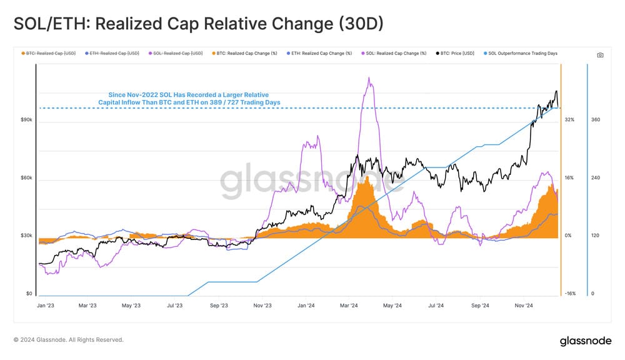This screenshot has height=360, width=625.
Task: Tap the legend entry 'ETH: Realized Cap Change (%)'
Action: pyautogui.click(x=319, y=54)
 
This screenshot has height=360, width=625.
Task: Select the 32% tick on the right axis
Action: pyautogui.click(x=569, y=119)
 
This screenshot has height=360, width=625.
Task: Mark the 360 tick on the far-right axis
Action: pyautogui.click(x=596, y=119)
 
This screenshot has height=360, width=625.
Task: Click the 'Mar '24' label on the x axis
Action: pyautogui.click(x=349, y=306)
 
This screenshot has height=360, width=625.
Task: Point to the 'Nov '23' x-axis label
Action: pyautogui.click(x=262, y=306)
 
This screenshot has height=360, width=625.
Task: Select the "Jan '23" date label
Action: pyautogui.click(x=46, y=306)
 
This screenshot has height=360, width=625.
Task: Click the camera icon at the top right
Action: pyautogui.click(x=600, y=55)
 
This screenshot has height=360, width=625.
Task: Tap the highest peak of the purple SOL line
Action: pyautogui.click(x=369, y=78)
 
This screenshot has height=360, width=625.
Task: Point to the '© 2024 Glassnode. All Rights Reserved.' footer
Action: pyautogui.click(x=69, y=340)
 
